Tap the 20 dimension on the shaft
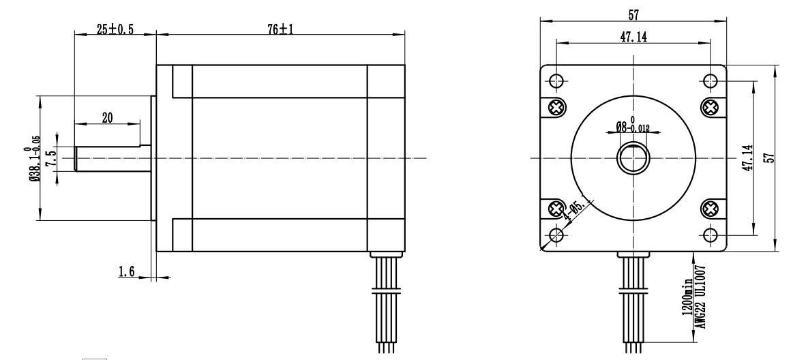(x=107, y=117)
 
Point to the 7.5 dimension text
(x=49, y=158)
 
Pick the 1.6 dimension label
(x=127, y=272)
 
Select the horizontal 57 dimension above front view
(x=633, y=13)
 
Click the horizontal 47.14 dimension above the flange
(x=633, y=37)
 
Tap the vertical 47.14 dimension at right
(x=745, y=157)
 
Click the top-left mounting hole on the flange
(x=556, y=80)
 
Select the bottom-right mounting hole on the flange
(x=710, y=235)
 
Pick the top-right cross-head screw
(x=710, y=106)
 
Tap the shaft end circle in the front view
(x=633, y=158)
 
